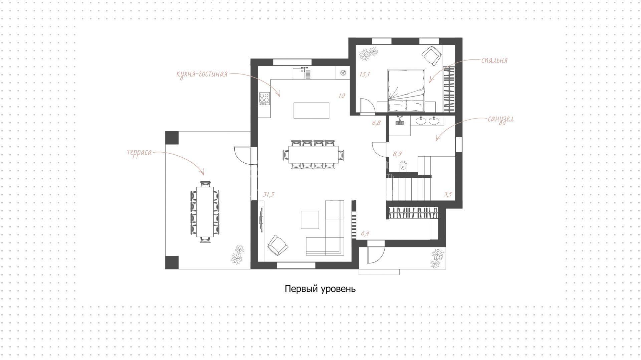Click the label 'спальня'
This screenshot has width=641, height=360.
(x=494, y=60)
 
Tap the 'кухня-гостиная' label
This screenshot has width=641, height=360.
(x=202, y=74)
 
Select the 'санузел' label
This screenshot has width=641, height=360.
(x=500, y=119)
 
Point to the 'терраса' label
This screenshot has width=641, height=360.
(x=139, y=153)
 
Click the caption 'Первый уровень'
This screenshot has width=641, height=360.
(x=320, y=289)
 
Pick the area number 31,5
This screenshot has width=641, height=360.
(x=268, y=194)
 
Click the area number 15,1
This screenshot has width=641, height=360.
(x=365, y=74)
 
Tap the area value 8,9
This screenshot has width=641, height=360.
(x=397, y=154)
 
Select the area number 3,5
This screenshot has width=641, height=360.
(x=448, y=194)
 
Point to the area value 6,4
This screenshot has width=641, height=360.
(x=365, y=233)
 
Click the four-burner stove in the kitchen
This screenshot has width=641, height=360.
(x=264, y=99)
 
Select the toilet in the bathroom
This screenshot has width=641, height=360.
(x=403, y=165)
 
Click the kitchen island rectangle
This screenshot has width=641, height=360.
(x=311, y=111)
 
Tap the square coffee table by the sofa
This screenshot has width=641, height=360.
(x=310, y=219)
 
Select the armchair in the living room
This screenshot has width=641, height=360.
(x=277, y=245)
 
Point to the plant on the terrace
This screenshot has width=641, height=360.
(x=238, y=255)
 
